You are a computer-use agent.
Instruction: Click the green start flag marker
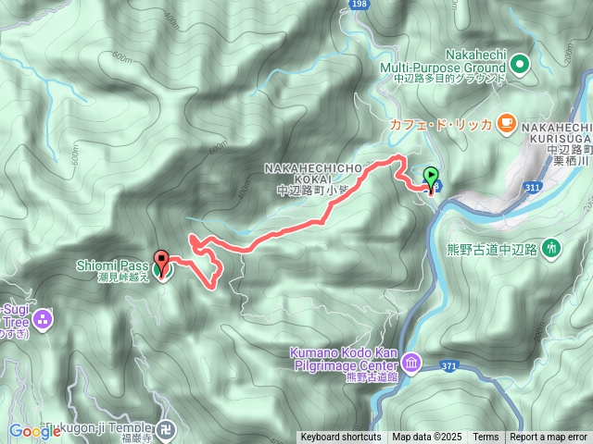432,176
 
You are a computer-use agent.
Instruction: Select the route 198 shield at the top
360,6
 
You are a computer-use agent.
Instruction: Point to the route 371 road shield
449,367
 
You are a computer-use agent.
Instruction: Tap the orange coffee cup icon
505,121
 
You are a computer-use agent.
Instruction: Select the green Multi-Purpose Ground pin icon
518,65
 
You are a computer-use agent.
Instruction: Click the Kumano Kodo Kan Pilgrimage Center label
345,360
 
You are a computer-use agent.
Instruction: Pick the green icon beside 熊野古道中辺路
552,247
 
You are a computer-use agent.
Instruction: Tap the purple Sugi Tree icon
42,320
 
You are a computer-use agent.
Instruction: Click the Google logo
34,431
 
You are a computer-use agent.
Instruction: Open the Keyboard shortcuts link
340,438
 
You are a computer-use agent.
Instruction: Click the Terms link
486,438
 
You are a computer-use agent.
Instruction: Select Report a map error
549,438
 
